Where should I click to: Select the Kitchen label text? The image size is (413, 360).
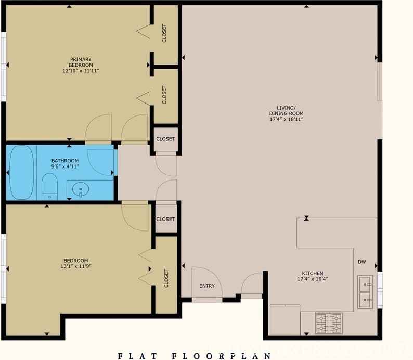(313, 273)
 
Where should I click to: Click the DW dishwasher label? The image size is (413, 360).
(363, 262)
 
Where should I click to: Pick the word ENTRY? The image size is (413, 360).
(207, 286)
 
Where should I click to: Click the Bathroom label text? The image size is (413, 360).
(65, 161)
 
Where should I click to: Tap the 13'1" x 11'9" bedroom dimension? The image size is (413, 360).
(76, 267)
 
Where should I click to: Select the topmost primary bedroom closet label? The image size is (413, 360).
(164, 34)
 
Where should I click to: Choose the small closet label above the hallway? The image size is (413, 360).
(165, 139)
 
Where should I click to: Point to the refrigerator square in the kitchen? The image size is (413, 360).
(285, 320)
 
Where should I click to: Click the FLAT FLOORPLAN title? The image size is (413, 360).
(194, 356)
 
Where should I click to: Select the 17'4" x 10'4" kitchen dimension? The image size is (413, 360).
(313, 279)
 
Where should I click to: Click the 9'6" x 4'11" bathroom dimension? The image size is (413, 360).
(65, 167)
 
